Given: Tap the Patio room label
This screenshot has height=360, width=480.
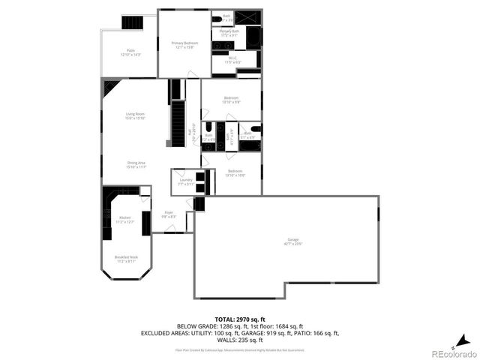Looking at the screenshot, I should (x=130, y=53).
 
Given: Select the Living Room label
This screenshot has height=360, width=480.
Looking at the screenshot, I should (x=135, y=115).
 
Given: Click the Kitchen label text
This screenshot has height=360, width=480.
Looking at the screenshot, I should (x=124, y=219).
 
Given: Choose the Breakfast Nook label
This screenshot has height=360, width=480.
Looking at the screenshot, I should (x=125, y=259).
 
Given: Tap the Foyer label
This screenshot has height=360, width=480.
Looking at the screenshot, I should (x=169, y=214).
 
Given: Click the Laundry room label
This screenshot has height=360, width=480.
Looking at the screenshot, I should (x=186, y=181).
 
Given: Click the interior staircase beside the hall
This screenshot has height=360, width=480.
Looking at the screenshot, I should (x=178, y=124).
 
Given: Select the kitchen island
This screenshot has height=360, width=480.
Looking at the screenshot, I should (x=145, y=223).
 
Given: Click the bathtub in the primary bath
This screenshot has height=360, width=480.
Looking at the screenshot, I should (x=253, y=37).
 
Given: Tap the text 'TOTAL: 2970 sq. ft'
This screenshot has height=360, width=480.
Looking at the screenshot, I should (x=239, y=319).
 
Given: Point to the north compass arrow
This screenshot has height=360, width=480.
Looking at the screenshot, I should (x=465, y=338).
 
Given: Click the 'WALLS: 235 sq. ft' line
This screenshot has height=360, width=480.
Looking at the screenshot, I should (x=240, y=340).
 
